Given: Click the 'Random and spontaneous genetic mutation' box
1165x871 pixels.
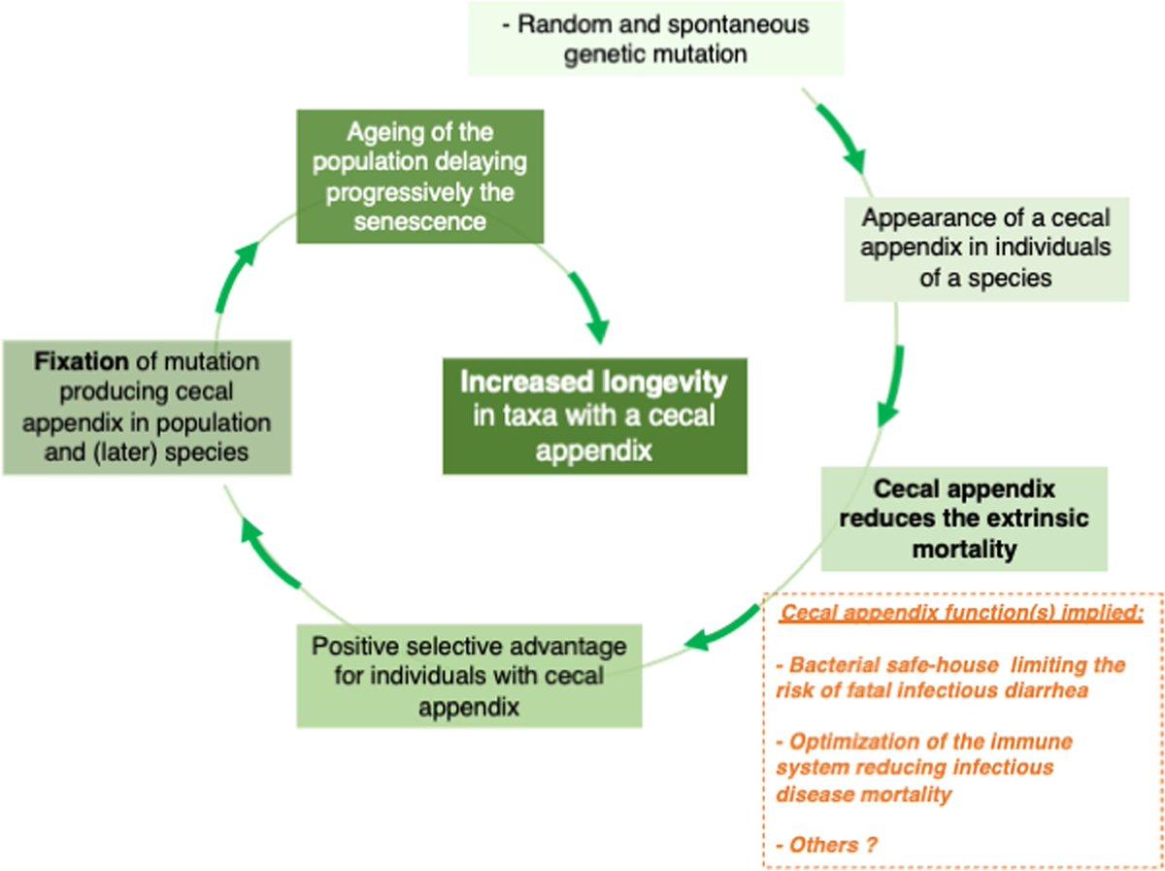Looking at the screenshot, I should click(x=655, y=38).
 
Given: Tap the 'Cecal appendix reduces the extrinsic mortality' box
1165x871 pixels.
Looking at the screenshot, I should click(x=963, y=518).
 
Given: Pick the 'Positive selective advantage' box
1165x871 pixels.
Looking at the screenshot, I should click(x=469, y=676).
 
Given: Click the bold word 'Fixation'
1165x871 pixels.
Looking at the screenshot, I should click(x=82, y=362).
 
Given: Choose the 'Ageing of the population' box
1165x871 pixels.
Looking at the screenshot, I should click(x=419, y=176).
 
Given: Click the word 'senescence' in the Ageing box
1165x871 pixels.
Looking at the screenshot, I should click(x=419, y=222).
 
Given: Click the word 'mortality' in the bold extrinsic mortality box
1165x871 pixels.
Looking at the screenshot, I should click(x=963, y=549).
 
